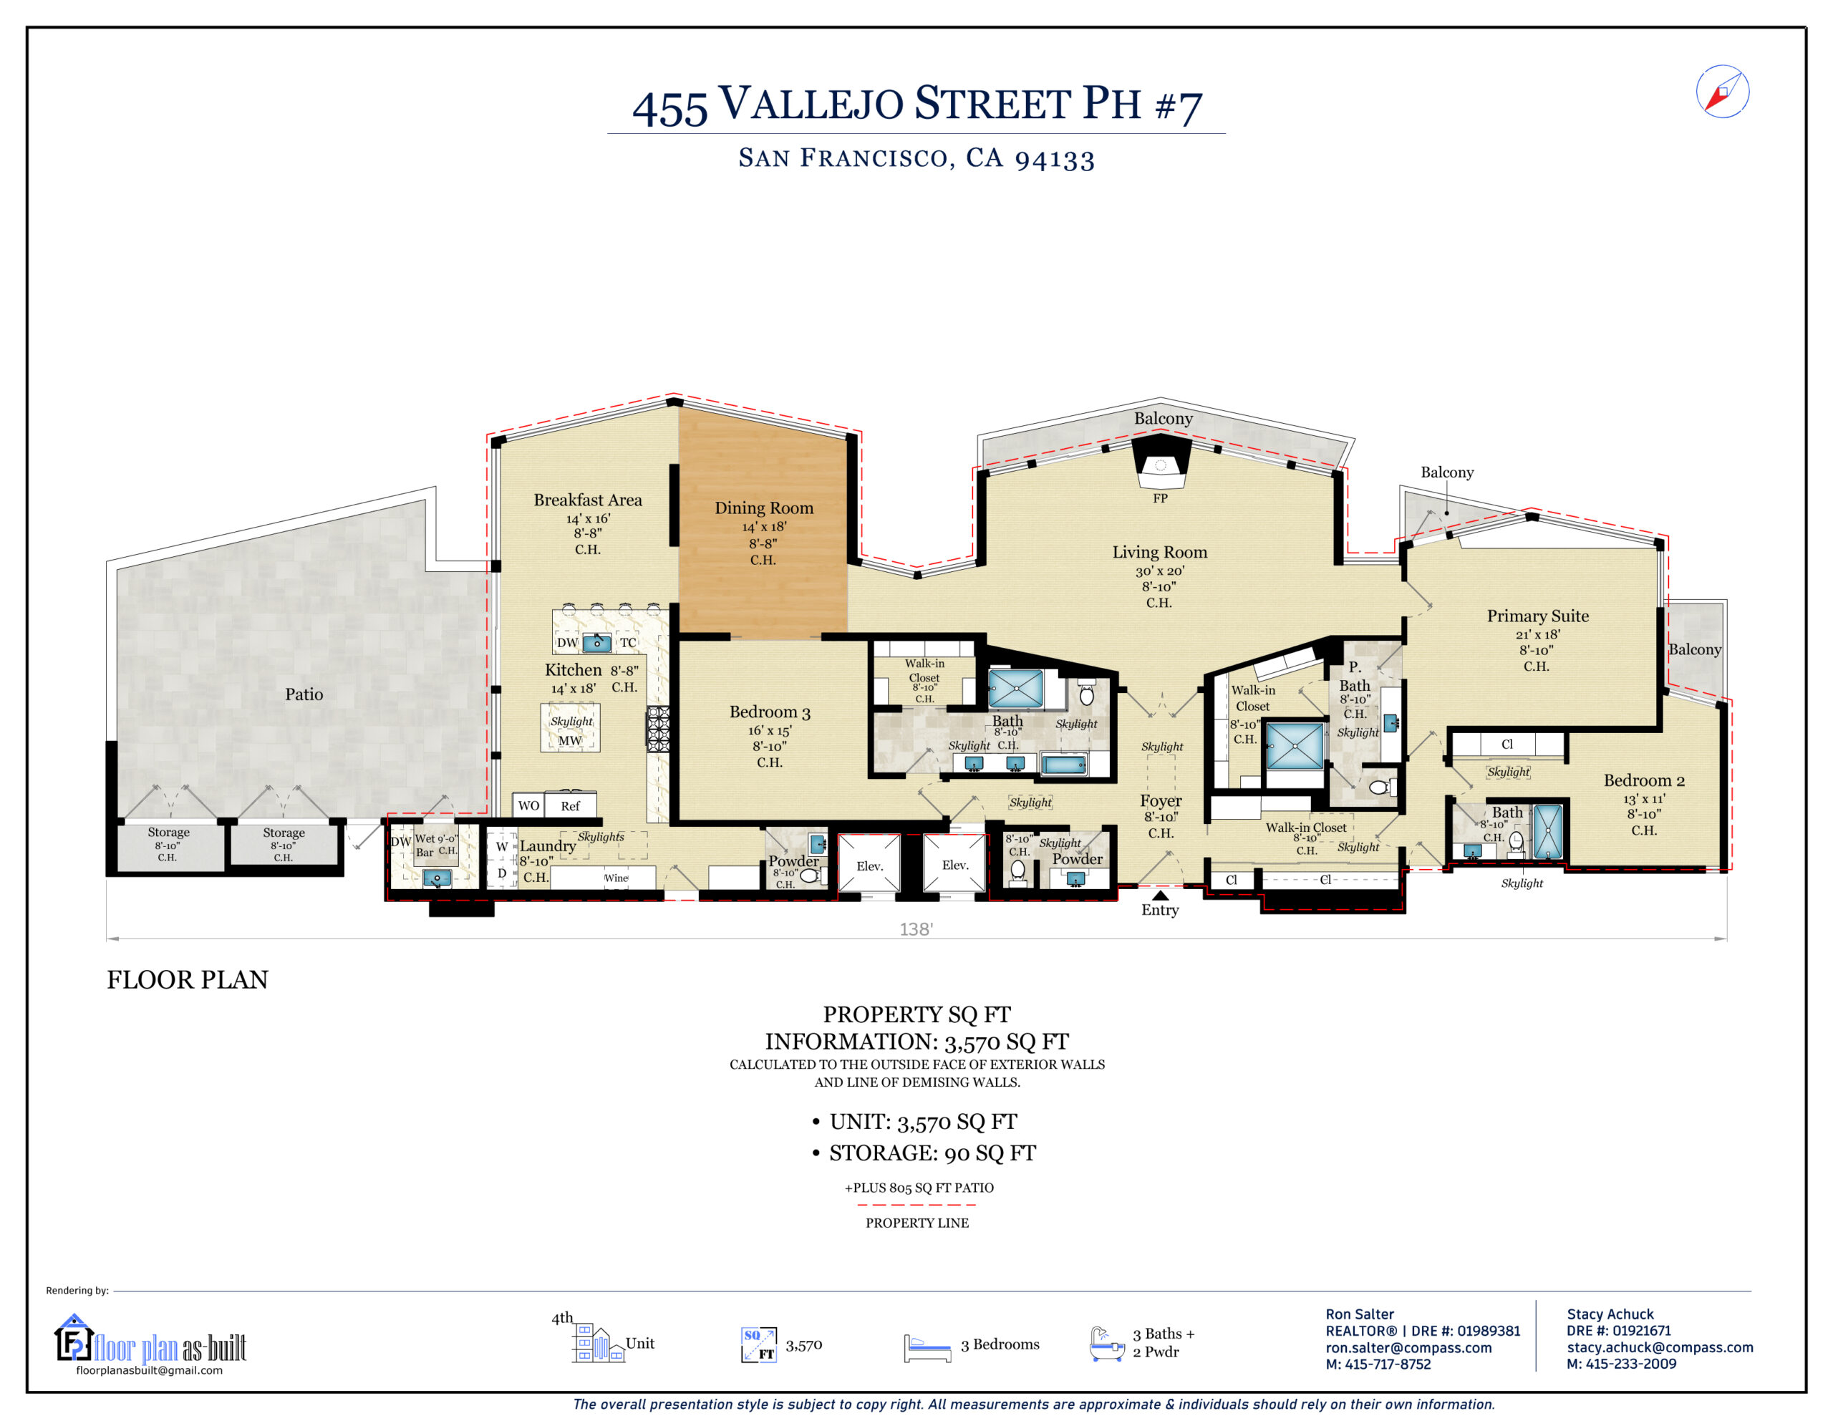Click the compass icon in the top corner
point(1721,92)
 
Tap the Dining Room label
point(764,508)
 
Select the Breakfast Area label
point(588,500)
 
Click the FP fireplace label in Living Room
point(1160,498)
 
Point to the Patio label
point(304,694)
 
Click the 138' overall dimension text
point(916,929)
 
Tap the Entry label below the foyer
point(1160,910)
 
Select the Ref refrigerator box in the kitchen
point(570,806)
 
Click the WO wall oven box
point(528,806)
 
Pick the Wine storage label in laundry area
point(616,878)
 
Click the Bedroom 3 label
point(770,712)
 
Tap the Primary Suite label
point(1537,616)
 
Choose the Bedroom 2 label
point(1643,780)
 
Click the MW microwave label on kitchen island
point(570,740)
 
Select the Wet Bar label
point(425,845)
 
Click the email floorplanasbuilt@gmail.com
point(150,1370)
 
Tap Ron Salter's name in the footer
point(1360,1314)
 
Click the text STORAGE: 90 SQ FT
point(932,1153)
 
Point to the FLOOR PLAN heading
point(187,979)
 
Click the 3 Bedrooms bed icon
point(927,1347)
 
